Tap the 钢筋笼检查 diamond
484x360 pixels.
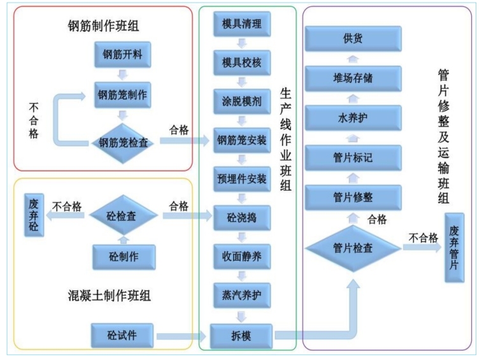click(x=124, y=142)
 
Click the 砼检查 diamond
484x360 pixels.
click(x=123, y=217)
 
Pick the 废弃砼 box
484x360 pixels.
click(x=34, y=215)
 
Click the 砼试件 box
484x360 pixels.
click(x=123, y=335)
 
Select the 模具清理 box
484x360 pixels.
click(x=241, y=24)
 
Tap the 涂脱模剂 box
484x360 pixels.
click(x=241, y=101)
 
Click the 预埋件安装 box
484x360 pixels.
click(x=241, y=179)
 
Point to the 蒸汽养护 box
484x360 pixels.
click(x=241, y=295)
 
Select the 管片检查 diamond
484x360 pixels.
click(x=353, y=248)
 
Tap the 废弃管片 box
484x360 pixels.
click(x=453, y=248)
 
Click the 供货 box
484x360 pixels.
click(x=353, y=39)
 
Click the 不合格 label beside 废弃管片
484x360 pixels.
click(x=423, y=238)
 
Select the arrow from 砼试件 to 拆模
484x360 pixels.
click(x=182, y=335)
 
